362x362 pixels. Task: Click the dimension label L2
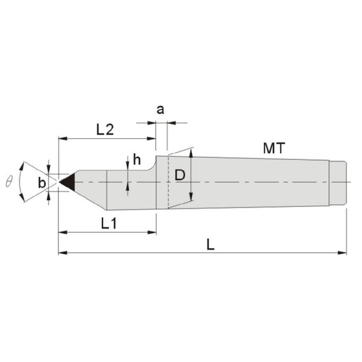click(x=105, y=130)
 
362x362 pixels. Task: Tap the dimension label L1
click(x=109, y=223)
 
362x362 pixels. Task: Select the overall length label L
click(x=211, y=244)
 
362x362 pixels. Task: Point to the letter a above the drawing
click(x=160, y=109)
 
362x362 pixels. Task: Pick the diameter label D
click(x=180, y=175)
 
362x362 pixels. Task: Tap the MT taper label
click(x=275, y=148)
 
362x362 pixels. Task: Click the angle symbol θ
click(x=9, y=181)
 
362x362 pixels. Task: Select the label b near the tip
click(x=42, y=183)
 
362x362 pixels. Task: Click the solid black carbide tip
click(x=68, y=182)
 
